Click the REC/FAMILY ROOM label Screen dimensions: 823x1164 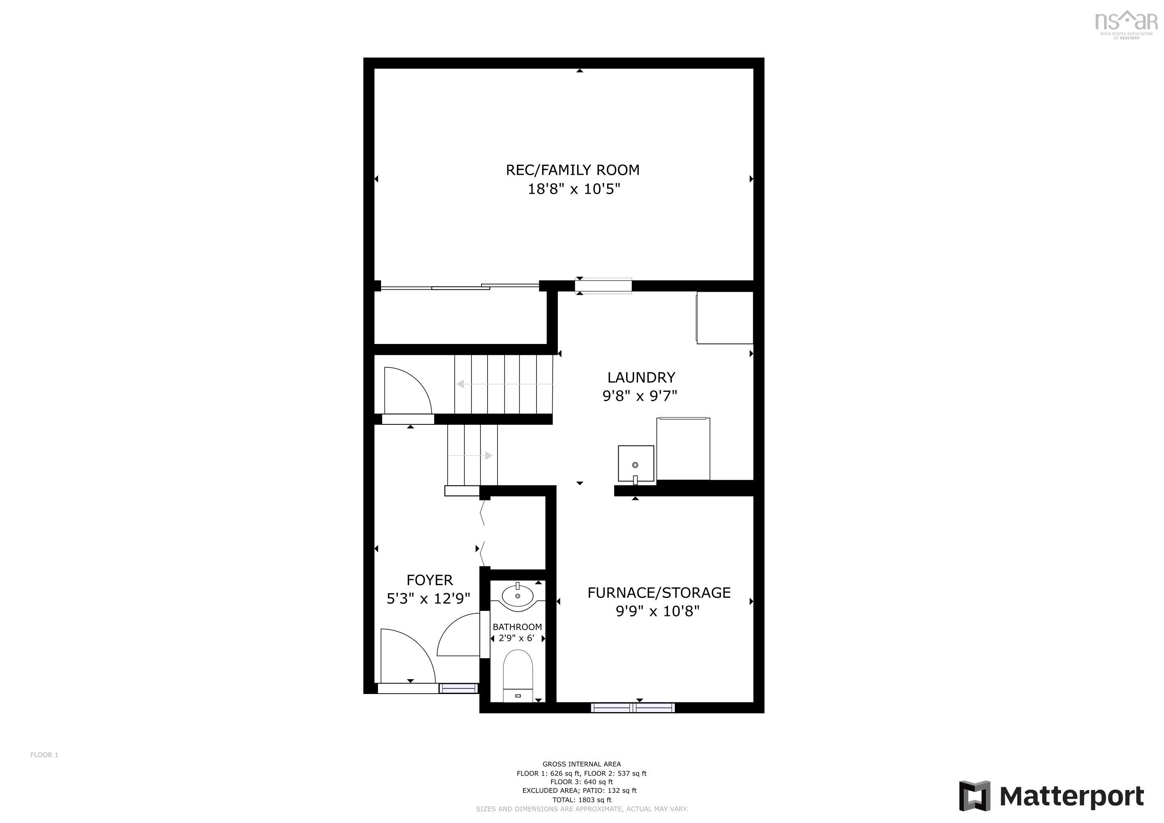[572, 170]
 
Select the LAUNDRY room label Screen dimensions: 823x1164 [641, 378]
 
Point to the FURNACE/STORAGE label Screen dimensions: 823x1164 [658, 593]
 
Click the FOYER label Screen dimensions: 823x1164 [429, 580]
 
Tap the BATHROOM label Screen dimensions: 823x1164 [517, 627]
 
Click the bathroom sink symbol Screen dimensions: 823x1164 [518, 596]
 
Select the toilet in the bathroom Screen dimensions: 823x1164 [518, 677]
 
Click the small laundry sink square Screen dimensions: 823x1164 [636, 463]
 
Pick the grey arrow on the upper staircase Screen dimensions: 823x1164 [461, 384]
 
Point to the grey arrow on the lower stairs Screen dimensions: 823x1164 [489, 456]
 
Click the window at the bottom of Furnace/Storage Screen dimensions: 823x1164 [633, 707]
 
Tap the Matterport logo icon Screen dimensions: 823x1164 [974, 796]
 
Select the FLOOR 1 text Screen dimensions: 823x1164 [44, 755]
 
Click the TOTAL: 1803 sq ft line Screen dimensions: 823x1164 [582, 800]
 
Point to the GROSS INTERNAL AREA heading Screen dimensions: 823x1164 [582, 764]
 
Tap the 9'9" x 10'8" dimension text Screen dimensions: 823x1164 [658, 612]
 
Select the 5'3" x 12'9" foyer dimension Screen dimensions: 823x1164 [428, 599]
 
